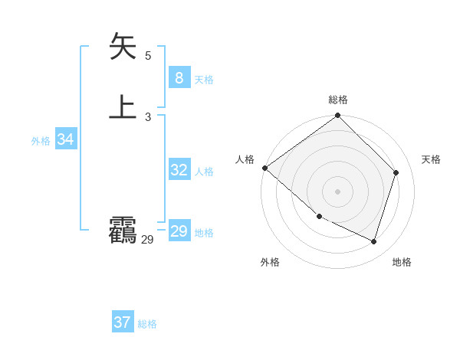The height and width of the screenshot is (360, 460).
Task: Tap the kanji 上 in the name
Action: coord(123,107)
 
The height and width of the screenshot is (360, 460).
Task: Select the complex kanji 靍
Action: coord(123,231)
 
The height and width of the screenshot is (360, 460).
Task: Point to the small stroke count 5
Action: coord(148,55)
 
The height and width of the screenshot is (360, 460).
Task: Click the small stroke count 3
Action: coord(148,116)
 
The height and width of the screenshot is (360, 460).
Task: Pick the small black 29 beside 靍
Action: coord(148,240)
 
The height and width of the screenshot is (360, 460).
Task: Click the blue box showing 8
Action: coord(179,78)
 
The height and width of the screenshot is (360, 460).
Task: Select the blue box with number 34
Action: coord(66,139)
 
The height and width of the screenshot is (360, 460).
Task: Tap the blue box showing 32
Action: coord(179,170)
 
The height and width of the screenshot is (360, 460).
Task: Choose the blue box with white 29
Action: coord(179,231)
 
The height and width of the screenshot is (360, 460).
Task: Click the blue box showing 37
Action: coord(122,322)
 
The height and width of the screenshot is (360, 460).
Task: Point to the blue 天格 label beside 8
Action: coord(204,80)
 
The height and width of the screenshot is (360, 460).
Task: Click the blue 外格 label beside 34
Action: coord(41,141)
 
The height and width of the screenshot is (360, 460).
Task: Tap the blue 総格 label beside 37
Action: coord(147,324)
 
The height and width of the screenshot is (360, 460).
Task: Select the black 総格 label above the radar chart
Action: coord(338,100)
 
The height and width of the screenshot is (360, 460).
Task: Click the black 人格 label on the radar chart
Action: coord(245,159)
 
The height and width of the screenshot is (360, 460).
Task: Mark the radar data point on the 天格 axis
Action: coord(396,172)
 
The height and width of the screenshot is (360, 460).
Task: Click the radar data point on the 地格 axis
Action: coord(374,242)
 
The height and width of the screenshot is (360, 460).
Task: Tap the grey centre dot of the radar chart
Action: coord(338,191)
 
